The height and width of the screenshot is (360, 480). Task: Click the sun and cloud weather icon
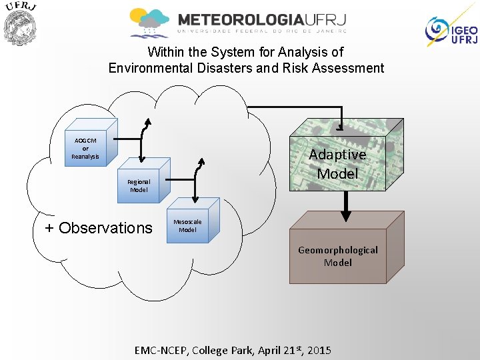coord(149,22)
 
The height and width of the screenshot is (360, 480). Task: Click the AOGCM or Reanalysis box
coord(87,147)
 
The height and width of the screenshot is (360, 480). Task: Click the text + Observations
coord(99,228)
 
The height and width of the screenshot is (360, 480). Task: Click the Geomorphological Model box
coord(338,256)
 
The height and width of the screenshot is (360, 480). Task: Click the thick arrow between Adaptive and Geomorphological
coord(345,207)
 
